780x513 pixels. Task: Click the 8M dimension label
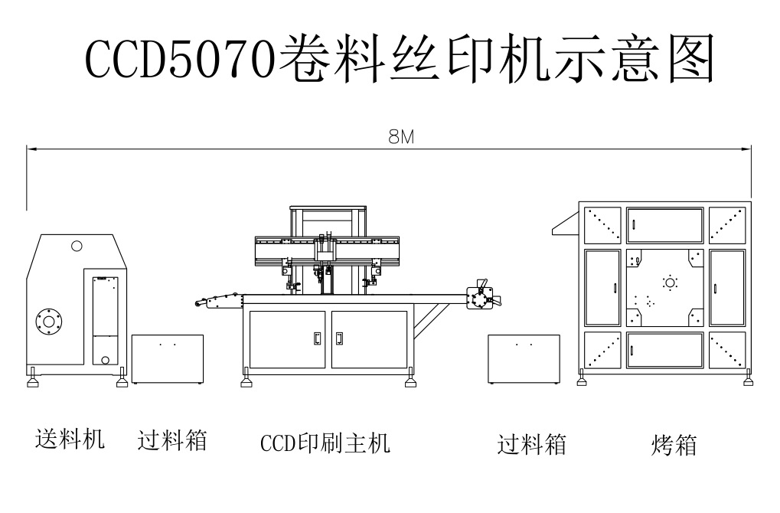[x=400, y=137]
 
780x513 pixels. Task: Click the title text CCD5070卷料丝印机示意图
[x=399, y=60]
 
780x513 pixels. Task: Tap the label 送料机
[x=70, y=439]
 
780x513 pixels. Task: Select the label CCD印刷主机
[x=325, y=443]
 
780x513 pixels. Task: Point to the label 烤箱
[x=674, y=445]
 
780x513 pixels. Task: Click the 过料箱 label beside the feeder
[x=172, y=440]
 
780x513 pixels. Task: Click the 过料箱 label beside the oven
[x=531, y=444]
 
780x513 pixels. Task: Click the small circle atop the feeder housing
[x=77, y=246]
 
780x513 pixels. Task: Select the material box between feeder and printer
[x=167, y=358]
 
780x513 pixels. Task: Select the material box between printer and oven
[x=524, y=358]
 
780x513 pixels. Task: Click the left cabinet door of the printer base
[x=288, y=338]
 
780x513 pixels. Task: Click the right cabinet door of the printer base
[x=369, y=338]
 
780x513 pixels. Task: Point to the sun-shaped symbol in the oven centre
[x=671, y=283]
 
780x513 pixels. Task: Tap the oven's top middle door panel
[x=664, y=224]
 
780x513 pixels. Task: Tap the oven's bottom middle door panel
[x=664, y=348]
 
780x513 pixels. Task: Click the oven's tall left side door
[x=602, y=287]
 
